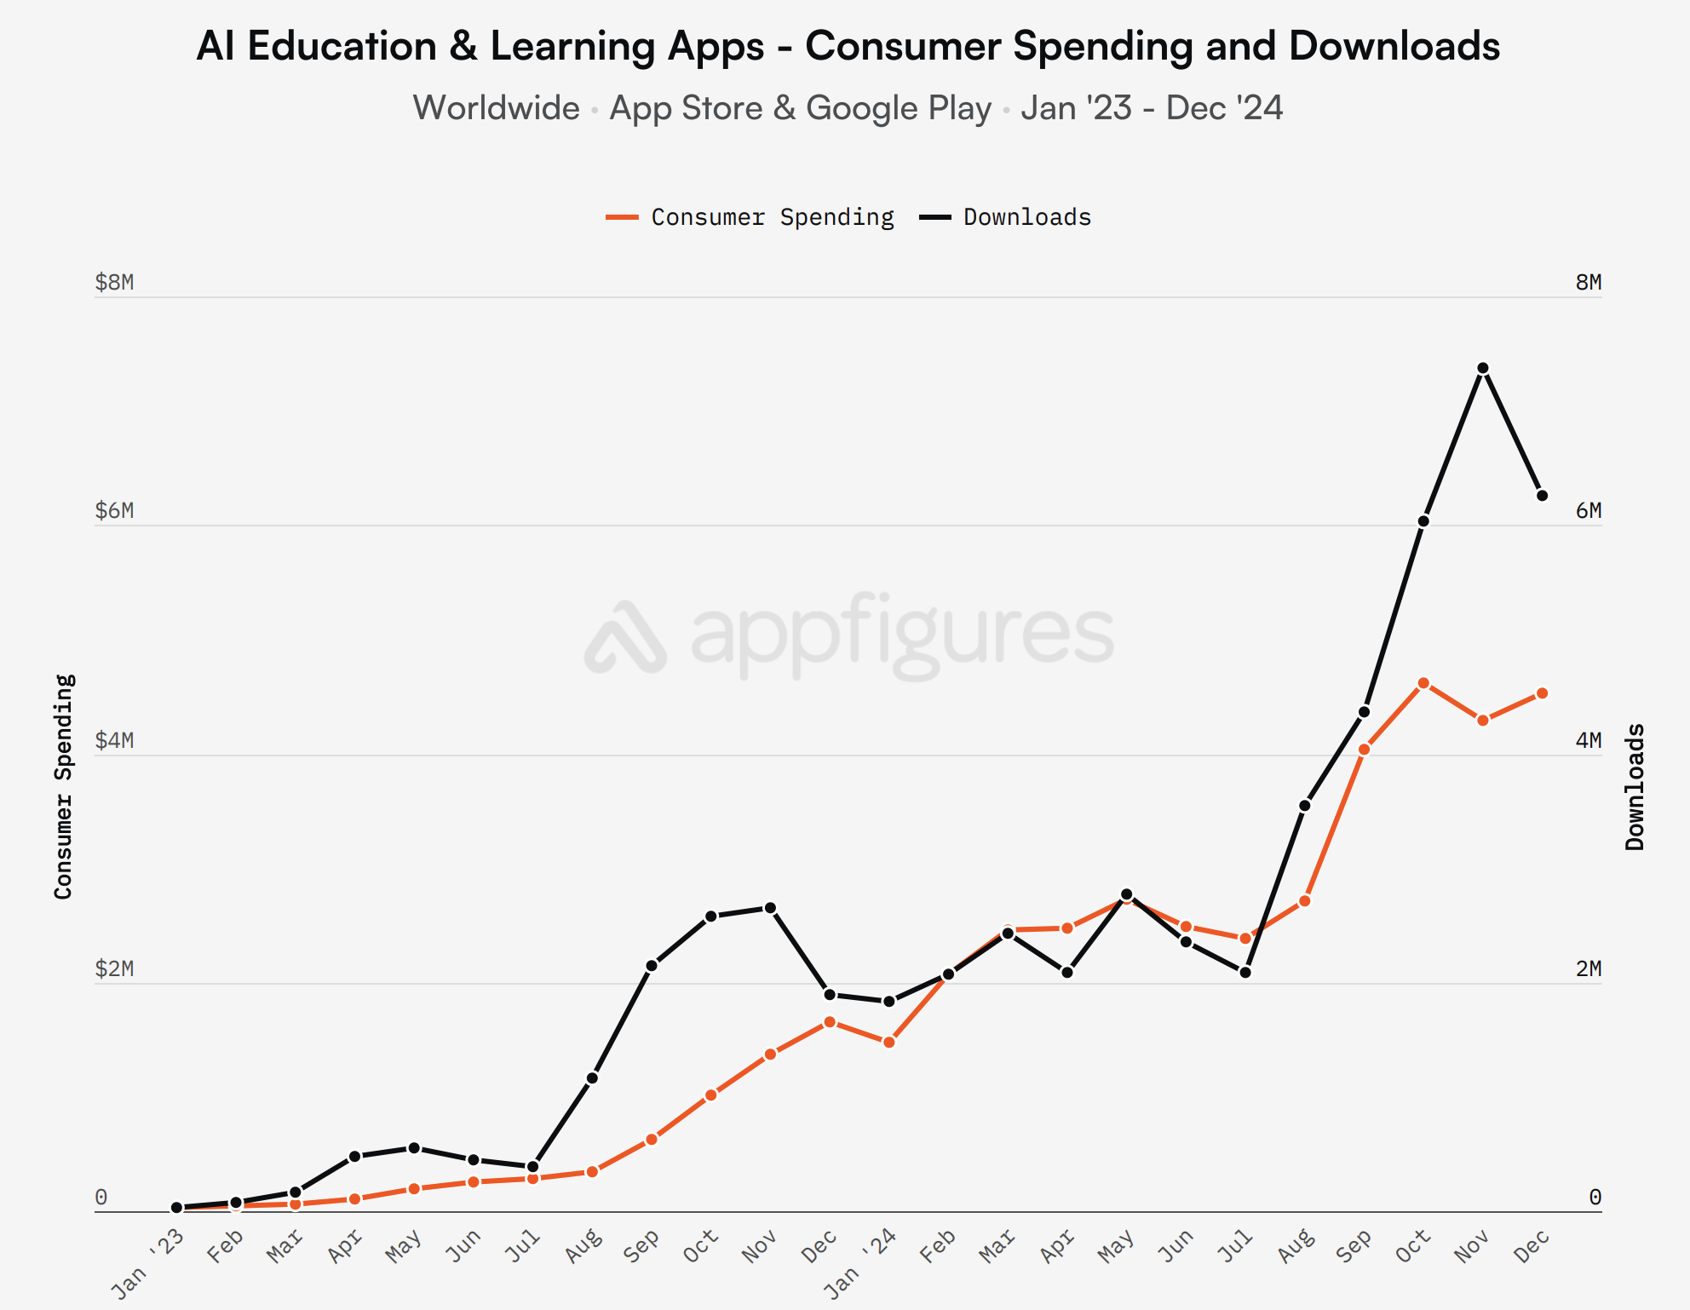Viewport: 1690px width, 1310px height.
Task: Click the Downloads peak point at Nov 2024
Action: (x=1482, y=368)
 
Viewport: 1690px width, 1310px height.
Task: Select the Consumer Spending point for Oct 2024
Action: (x=1423, y=683)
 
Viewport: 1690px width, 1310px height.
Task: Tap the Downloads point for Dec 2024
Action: (x=1542, y=496)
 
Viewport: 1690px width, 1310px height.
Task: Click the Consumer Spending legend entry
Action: (x=750, y=217)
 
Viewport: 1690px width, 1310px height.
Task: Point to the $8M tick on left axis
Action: (x=114, y=282)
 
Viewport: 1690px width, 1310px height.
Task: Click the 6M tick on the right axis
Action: (x=1588, y=510)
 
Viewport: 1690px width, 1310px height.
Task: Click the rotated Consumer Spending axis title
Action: (x=64, y=786)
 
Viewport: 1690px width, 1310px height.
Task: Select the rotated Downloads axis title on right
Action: (x=1635, y=786)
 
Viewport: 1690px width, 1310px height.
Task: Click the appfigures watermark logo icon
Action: (x=625, y=637)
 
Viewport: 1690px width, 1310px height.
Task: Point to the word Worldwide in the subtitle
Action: (x=496, y=108)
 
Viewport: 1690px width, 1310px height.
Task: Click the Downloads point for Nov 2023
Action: (x=770, y=908)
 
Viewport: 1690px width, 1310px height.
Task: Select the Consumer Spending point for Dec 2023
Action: (x=830, y=1022)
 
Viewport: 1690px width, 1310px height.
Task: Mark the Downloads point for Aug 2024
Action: (x=1304, y=806)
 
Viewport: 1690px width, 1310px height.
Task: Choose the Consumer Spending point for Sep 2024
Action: (x=1364, y=750)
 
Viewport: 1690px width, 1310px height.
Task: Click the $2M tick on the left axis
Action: (x=114, y=968)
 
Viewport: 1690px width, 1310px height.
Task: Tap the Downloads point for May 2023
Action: (x=414, y=1148)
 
